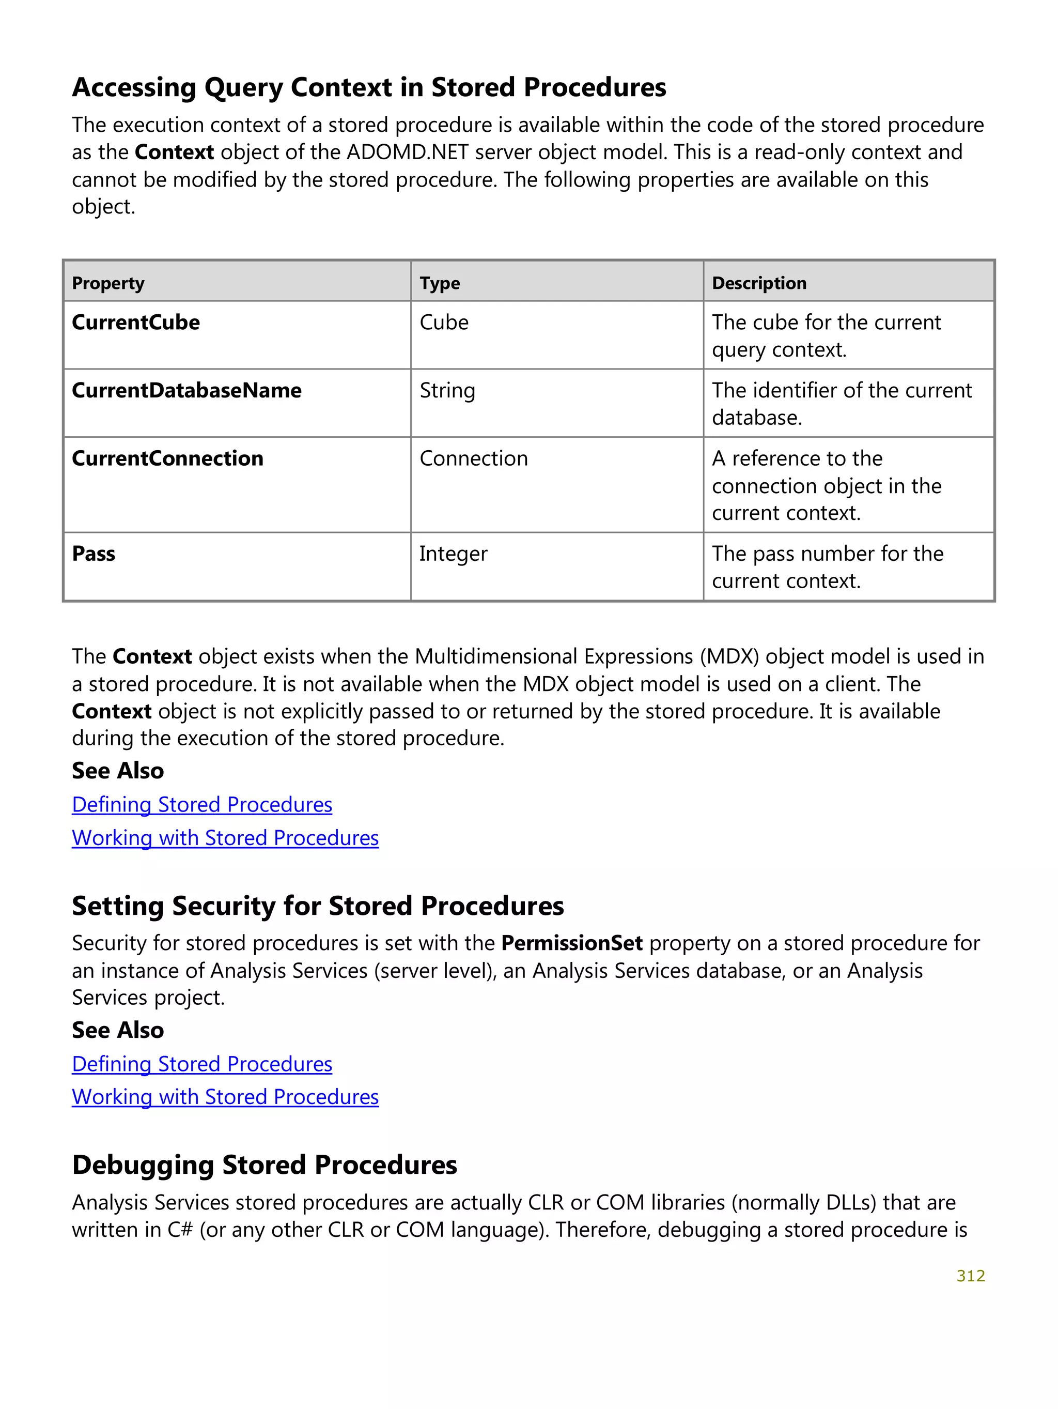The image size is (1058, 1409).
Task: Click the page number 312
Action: (970, 1275)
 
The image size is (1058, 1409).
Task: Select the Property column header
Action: (108, 283)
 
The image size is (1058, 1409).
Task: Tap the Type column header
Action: (439, 283)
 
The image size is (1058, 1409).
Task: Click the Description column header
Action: (759, 283)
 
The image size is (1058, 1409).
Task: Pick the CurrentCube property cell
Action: (135, 323)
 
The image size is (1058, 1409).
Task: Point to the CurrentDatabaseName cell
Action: (186, 390)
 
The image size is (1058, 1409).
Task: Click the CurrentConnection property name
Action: (167, 458)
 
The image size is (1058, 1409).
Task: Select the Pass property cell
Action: (94, 554)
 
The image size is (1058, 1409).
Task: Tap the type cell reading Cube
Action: (444, 323)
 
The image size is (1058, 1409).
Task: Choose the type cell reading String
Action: (447, 390)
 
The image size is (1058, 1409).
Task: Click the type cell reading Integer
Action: (453, 554)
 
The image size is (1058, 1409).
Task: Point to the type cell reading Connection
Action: (474, 458)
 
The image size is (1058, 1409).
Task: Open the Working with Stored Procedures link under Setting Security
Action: (225, 1097)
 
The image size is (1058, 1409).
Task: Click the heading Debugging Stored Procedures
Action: (264, 1165)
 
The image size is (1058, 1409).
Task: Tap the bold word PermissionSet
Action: (572, 943)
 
